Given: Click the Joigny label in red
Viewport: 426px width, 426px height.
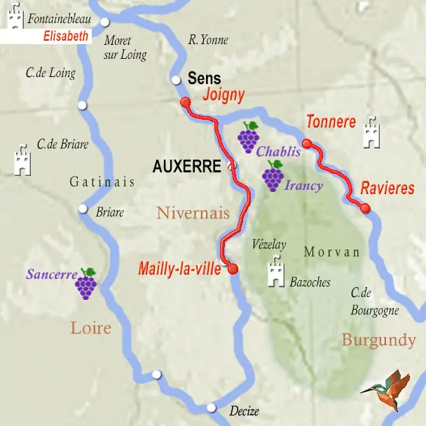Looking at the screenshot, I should tap(224, 95).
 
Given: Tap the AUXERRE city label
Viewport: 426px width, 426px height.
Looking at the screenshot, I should tap(187, 167).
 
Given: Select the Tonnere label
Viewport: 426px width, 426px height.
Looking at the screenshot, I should tap(331, 122).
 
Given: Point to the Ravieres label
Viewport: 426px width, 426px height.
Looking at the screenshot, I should tap(387, 188).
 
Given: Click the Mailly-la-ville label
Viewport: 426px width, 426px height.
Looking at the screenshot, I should tap(180, 268).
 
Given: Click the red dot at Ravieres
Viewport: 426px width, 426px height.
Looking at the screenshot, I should tap(365, 207).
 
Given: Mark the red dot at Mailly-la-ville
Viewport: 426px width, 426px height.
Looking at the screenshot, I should tap(233, 268).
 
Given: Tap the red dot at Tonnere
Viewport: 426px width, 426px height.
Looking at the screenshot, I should tap(306, 144).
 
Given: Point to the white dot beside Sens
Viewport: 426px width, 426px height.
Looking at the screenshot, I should tap(176, 79).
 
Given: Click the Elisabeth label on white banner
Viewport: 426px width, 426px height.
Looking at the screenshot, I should tap(66, 36).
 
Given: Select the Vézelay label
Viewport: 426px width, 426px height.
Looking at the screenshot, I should tap(268, 245).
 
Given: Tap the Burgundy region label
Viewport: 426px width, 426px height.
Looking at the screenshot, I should tap(378, 341).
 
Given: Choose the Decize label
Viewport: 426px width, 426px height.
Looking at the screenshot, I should tap(244, 411).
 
